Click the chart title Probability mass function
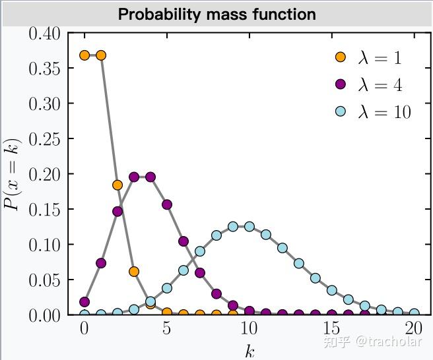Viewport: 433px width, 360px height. [x=216, y=14]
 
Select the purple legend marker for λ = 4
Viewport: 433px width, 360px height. [x=341, y=84]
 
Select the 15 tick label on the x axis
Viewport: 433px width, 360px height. [x=331, y=328]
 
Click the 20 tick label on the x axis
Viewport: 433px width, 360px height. [x=414, y=328]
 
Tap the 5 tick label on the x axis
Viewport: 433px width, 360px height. [x=167, y=328]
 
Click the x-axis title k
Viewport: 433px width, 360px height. [x=249, y=350]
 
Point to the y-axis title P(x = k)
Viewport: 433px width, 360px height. [x=13, y=174]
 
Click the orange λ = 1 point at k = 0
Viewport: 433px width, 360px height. [x=84, y=55]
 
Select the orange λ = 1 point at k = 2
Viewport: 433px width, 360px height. [x=117, y=185]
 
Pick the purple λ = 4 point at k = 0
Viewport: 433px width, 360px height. [x=84, y=302]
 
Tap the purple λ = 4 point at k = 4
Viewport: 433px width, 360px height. [x=150, y=177]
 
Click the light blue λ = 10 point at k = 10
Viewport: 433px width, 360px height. [x=250, y=226]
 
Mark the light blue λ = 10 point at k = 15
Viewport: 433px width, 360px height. [x=332, y=290]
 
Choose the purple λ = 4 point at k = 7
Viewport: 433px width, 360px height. [x=200, y=272]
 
